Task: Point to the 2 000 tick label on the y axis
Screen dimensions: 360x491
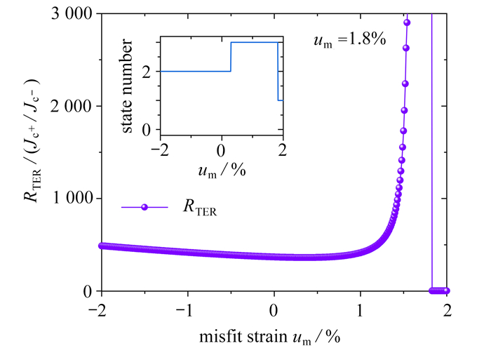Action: pos(74,107)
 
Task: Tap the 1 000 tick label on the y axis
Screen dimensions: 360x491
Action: pos(74,199)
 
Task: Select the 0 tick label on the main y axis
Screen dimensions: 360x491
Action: pos(88,291)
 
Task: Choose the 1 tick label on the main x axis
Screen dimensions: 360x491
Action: pos(361,309)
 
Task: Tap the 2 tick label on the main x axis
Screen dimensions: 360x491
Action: pos(447,309)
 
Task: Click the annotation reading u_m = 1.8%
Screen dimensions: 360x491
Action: pos(349,41)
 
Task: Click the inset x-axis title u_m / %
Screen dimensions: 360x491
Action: pos(222,169)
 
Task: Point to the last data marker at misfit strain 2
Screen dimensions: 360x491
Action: pos(447,291)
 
